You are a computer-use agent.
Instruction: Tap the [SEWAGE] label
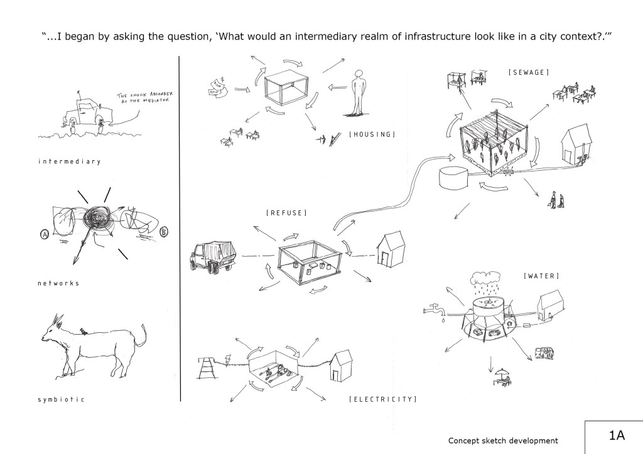click(528, 73)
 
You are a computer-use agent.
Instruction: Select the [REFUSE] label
click(286, 213)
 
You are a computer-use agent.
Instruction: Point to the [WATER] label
click(541, 276)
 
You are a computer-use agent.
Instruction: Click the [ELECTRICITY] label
click(382, 398)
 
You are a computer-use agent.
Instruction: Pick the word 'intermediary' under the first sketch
click(69, 161)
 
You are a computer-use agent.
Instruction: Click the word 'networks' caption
click(58, 283)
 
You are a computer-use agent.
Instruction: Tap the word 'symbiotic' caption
click(61, 399)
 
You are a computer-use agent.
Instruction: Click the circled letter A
click(45, 234)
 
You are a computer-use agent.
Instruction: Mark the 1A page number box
click(613, 436)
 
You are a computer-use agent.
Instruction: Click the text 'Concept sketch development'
click(503, 441)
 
